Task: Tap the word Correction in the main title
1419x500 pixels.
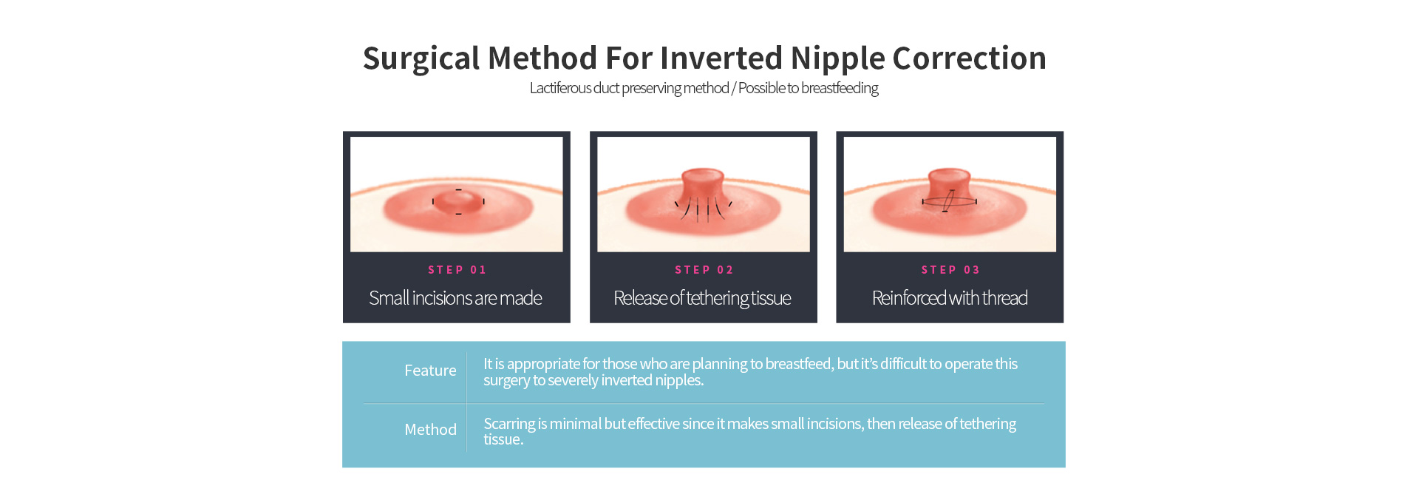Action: (x=969, y=58)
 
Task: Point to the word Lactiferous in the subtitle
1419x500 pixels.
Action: (x=560, y=88)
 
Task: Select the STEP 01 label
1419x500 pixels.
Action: (x=457, y=270)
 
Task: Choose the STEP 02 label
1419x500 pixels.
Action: (x=704, y=270)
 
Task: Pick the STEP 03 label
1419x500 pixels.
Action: (x=950, y=270)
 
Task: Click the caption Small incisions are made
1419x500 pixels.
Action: (x=456, y=298)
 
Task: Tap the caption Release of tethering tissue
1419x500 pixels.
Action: (x=702, y=298)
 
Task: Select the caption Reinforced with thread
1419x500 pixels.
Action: (x=950, y=298)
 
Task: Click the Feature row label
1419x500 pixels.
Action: (x=430, y=371)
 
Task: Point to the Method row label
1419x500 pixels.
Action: (x=430, y=430)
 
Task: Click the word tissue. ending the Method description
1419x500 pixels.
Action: (x=503, y=439)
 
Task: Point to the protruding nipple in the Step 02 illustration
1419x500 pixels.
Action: (x=702, y=191)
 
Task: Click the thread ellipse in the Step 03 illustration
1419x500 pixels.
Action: (x=949, y=201)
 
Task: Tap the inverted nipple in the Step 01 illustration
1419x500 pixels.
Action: (x=458, y=201)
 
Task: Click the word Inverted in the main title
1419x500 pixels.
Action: (x=721, y=58)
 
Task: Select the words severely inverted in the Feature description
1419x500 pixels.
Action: (x=599, y=380)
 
